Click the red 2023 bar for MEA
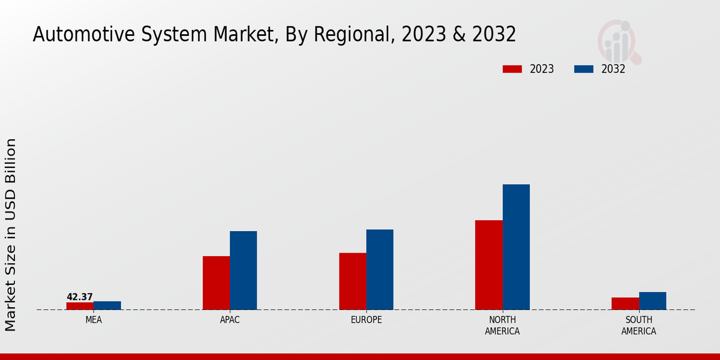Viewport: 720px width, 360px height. (x=80, y=306)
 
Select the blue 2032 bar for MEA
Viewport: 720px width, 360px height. (x=107, y=305)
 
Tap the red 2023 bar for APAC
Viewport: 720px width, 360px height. (x=216, y=283)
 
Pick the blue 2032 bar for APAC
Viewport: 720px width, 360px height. (x=243, y=270)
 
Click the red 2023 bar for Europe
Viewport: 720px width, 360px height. (x=352, y=281)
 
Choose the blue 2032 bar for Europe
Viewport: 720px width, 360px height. (x=380, y=269)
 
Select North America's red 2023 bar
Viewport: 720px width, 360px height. (x=488, y=265)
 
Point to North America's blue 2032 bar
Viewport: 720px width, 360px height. (x=516, y=247)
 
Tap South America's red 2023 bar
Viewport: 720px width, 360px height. (x=625, y=304)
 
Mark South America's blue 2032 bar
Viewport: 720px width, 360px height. (x=652, y=301)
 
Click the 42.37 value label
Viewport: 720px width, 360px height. (x=80, y=297)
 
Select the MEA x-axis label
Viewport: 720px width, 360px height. (x=94, y=320)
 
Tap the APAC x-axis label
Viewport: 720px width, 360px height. (x=230, y=320)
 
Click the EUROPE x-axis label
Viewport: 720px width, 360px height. (x=366, y=320)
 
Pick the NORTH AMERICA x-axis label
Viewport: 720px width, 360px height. (x=502, y=325)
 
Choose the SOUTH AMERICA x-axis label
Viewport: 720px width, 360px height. (x=638, y=325)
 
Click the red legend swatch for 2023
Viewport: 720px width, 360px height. (x=512, y=69)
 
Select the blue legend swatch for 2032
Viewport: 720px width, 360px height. (x=584, y=69)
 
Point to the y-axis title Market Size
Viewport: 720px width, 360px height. (x=11, y=234)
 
